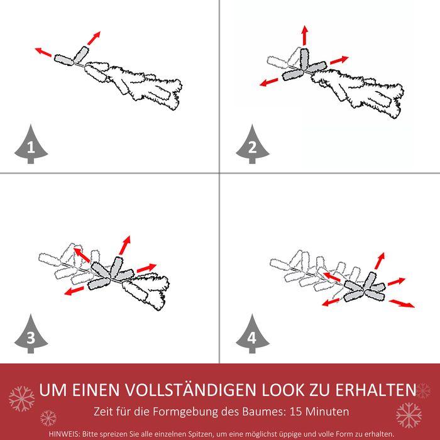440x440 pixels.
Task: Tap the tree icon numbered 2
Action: (x=252, y=145)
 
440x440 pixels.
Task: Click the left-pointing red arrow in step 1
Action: (x=43, y=52)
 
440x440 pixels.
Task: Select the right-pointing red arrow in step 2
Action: (x=339, y=60)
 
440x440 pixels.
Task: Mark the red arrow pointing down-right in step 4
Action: (x=401, y=304)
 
